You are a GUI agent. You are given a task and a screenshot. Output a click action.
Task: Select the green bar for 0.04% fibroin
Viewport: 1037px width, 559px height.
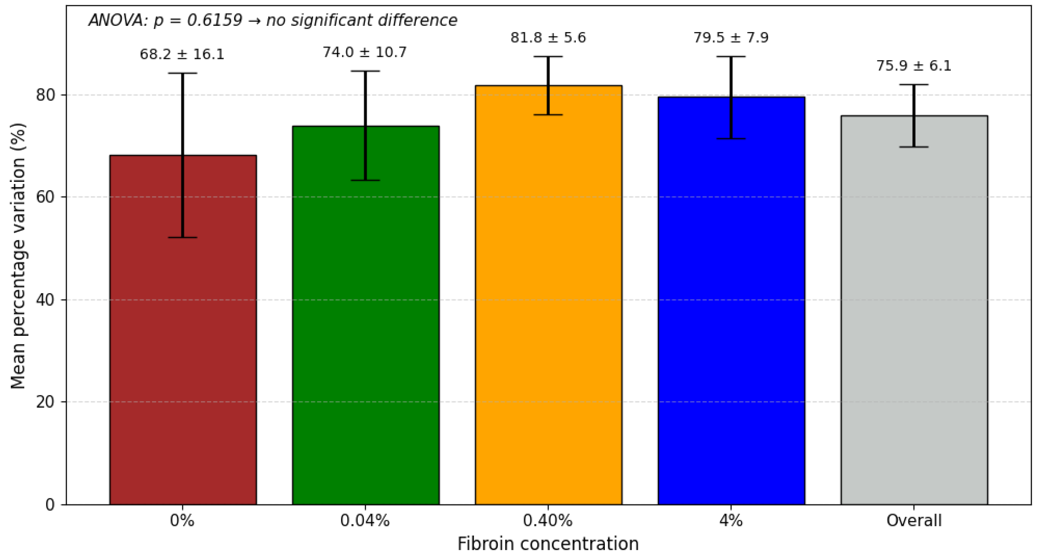(365, 343)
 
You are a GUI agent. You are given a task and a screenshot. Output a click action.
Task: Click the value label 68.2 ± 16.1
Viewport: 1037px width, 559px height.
(182, 54)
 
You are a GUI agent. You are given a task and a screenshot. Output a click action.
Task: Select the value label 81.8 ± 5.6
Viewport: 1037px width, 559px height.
(548, 37)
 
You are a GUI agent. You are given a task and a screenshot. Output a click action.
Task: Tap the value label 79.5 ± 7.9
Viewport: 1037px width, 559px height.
(731, 37)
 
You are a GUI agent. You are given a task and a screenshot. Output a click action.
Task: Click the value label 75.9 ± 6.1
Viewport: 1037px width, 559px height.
(914, 66)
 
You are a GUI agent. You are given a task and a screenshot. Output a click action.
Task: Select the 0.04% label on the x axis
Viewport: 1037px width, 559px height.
(365, 521)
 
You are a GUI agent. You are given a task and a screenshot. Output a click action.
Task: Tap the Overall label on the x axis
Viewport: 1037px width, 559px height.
(914, 521)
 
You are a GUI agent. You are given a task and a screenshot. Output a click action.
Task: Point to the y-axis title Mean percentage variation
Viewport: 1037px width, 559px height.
(18, 256)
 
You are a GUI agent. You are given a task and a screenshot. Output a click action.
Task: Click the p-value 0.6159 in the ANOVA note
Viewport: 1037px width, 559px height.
(215, 20)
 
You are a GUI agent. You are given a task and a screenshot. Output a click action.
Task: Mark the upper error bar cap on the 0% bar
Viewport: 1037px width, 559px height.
(182, 73)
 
